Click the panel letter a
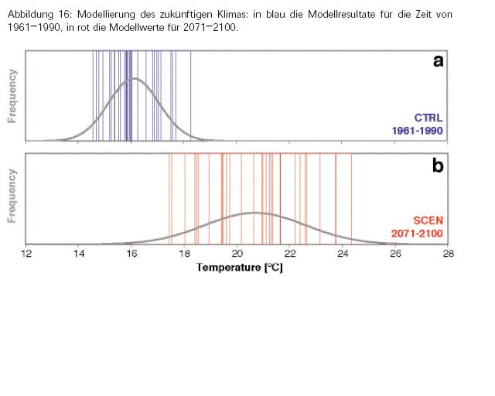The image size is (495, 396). (438, 61)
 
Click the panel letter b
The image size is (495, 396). (438, 166)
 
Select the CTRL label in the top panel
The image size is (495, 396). (428, 118)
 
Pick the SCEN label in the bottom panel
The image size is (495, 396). (428, 220)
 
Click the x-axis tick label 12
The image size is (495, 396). (27, 253)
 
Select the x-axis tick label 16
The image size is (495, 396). (132, 253)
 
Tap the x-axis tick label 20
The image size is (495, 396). (237, 253)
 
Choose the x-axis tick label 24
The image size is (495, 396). (343, 253)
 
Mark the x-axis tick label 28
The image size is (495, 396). (448, 253)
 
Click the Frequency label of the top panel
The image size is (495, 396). (12, 96)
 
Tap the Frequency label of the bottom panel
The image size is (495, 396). (12, 196)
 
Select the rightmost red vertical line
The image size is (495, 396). (351, 198)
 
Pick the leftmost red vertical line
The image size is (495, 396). (169, 198)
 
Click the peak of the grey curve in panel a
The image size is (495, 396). (134, 78)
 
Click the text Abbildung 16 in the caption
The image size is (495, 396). (38, 14)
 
